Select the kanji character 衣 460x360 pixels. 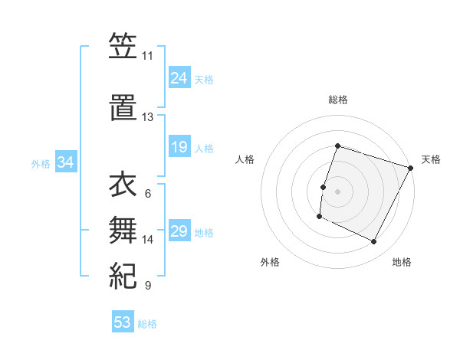pyautogui.click(x=123, y=185)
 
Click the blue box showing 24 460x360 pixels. pyautogui.click(x=179, y=78)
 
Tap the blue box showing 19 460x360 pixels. pyautogui.click(x=179, y=147)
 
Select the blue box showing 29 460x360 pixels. pyautogui.click(x=179, y=231)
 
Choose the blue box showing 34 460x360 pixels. pyautogui.click(x=66, y=162)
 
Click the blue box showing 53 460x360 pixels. pyautogui.click(x=123, y=322)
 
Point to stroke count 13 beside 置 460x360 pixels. pyautogui.click(x=147, y=117)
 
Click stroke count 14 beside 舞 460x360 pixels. pyautogui.click(x=148, y=240)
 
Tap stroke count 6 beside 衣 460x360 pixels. pyautogui.click(x=148, y=194)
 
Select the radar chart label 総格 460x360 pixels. pyautogui.click(x=337, y=100)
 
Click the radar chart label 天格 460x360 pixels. pyautogui.click(x=431, y=159)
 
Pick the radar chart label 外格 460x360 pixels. pyautogui.click(x=270, y=263)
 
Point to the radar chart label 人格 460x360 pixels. pyautogui.click(x=245, y=159)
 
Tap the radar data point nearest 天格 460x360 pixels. pyautogui.click(x=410, y=169)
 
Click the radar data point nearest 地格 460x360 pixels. pyautogui.click(x=374, y=242)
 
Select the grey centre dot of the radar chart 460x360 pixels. pyautogui.click(x=337, y=191)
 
